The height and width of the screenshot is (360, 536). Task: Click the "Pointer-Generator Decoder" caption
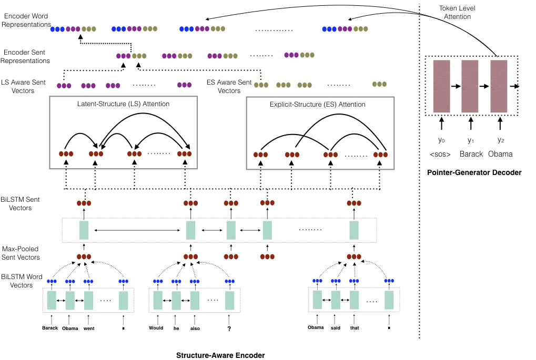pos(474,172)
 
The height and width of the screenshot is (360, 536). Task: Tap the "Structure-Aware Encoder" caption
pos(220,355)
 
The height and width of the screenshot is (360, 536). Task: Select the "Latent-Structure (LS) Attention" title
pos(123,104)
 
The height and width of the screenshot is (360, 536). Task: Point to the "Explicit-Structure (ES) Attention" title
pos(318,104)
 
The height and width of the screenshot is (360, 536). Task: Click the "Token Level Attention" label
pos(457,12)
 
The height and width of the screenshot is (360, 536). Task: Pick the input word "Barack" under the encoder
pos(50,328)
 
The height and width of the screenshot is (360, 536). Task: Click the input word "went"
pos(89,328)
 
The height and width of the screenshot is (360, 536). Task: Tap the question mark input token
pos(229,328)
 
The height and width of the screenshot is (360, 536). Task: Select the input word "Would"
pos(156,328)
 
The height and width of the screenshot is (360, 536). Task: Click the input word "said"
pos(336,328)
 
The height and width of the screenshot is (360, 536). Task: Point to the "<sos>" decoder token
pos(440,155)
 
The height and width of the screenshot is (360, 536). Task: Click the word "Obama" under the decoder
pos(500,154)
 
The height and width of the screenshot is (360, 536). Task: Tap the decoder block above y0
pos(442,86)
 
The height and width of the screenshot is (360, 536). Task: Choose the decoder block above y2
pos(499,86)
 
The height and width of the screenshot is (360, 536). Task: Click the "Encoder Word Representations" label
pos(26,20)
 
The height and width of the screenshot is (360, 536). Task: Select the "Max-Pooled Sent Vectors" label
pos(21,253)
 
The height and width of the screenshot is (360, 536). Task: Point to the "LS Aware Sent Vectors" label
pos(23,86)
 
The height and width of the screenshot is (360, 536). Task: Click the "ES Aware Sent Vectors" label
pos(229,86)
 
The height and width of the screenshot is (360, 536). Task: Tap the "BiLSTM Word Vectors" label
pos(22,281)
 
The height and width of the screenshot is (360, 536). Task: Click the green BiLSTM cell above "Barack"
pos(52,300)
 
